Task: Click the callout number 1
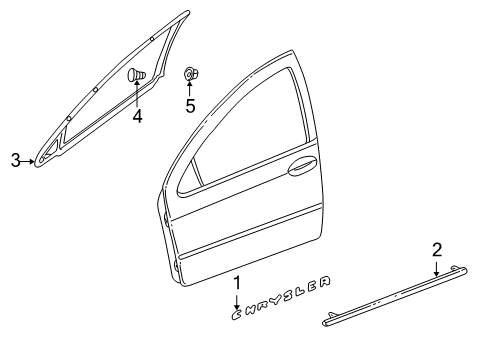point(237,283)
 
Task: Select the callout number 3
point(15,158)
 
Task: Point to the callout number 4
point(137,117)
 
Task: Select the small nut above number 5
point(189,73)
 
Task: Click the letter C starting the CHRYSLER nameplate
point(237,313)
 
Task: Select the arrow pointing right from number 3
point(30,158)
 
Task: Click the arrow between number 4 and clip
point(137,96)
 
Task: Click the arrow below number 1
point(237,299)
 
